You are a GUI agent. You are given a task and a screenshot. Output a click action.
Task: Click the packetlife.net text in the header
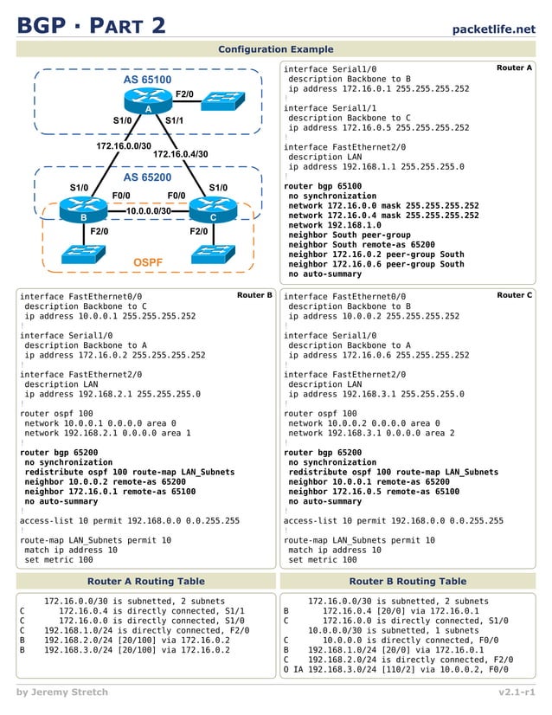[493, 29]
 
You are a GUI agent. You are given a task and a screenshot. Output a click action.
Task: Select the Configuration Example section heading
[275, 49]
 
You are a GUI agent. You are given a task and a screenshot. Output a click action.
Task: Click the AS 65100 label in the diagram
[147, 80]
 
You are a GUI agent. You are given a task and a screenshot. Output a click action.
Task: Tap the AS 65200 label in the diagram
[147, 177]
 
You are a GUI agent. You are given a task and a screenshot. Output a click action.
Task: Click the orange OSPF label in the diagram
[148, 261]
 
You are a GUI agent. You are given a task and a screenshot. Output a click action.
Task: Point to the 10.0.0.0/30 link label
[148, 210]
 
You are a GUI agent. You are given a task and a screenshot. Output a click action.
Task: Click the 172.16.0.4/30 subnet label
[181, 154]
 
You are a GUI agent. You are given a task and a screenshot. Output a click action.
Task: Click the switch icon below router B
[83, 253]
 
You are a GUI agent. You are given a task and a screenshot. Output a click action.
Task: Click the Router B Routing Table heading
[407, 581]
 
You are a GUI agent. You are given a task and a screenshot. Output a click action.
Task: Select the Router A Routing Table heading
[145, 581]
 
